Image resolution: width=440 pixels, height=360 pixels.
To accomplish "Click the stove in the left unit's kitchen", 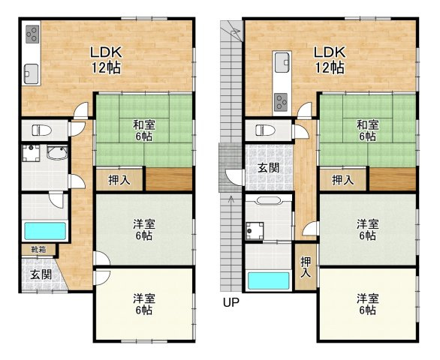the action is [x=32, y=34].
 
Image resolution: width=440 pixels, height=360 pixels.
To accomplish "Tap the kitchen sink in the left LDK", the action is [x=31, y=73].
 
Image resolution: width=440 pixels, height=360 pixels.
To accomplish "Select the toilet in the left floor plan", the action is [x=41, y=130].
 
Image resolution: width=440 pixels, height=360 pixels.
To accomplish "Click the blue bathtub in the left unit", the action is [x=45, y=231].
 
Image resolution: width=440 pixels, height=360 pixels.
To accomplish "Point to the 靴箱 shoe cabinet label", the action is [x=39, y=249].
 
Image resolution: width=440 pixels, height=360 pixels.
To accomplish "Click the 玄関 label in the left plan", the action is [x=41, y=274].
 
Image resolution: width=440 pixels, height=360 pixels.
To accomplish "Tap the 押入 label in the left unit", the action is [x=119, y=180].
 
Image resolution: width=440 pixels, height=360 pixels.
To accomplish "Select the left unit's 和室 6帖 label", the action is [x=144, y=130].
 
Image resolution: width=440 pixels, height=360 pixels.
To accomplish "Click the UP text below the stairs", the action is [x=231, y=302].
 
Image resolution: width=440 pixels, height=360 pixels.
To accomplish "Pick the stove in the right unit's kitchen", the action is [x=282, y=102].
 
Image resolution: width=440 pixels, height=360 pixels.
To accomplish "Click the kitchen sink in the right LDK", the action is [x=282, y=62].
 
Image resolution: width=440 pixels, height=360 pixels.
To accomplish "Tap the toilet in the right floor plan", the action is [x=265, y=130].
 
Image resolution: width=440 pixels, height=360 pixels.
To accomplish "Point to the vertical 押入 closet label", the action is [x=306, y=267].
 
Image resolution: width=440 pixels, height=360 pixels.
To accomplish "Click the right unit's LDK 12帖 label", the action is [x=329, y=60].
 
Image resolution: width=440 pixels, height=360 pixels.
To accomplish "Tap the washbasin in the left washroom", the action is [x=57, y=152].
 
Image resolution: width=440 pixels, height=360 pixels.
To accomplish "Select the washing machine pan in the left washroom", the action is [x=31, y=153].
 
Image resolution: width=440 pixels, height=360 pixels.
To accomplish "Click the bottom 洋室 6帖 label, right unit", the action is [x=368, y=304].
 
